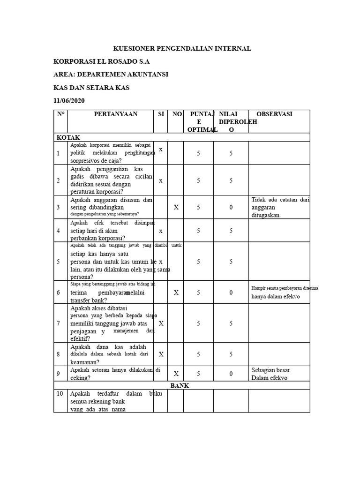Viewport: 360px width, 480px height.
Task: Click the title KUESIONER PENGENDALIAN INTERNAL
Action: pyautogui.click(x=183, y=48)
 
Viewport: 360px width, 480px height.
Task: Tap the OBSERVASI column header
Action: pyautogui.click(x=274, y=114)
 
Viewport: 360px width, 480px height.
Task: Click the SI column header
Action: pyautogui.click(x=161, y=114)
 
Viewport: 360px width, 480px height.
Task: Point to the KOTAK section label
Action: pyautogui.click(x=68, y=137)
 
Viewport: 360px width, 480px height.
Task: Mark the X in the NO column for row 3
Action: pyautogui.click(x=176, y=207)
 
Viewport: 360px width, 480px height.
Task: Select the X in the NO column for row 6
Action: pyautogui.click(x=176, y=292)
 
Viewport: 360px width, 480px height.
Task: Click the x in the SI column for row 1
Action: pyautogui.click(x=161, y=149)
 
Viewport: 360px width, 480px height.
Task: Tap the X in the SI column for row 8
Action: pyautogui.click(x=161, y=354)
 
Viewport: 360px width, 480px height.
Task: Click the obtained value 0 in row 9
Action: pyautogui.click(x=231, y=374)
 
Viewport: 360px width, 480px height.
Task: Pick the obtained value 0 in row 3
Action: pyautogui.click(x=231, y=207)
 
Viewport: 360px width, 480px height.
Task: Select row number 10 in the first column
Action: pyautogui.click(x=60, y=394)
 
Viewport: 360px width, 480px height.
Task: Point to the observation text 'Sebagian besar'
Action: pyautogui.click(x=270, y=370)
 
